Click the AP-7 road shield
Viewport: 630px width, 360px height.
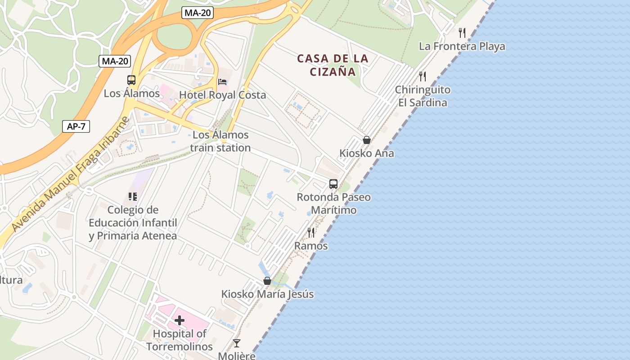pos(76,126)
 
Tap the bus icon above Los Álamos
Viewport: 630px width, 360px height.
pos(131,80)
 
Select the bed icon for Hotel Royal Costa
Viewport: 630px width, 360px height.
pos(222,81)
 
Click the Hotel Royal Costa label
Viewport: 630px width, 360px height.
pos(222,95)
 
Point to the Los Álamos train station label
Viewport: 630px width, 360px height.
pos(220,141)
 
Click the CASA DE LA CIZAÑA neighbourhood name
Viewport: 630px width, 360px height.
pos(333,65)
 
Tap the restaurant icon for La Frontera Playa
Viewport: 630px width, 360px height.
pos(462,32)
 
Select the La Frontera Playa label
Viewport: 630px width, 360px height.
pos(462,46)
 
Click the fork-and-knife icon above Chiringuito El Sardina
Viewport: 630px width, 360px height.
pos(422,76)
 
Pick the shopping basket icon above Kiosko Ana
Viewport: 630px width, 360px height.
pos(367,140)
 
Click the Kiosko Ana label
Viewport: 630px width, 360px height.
pos(366,153)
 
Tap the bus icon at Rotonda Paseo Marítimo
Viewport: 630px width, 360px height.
pos(333,184)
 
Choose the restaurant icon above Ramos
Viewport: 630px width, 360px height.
pos(311,232)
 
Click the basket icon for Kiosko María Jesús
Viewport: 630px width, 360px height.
pos(267,281)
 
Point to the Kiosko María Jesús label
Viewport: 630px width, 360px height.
pos(267,294)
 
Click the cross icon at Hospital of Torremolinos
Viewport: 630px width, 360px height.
pos(180,320)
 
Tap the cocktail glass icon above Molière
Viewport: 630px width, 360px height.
pos(237,343)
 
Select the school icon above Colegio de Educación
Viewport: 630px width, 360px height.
pos(132,196)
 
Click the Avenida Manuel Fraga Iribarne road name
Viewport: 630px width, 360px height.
pos(71,174)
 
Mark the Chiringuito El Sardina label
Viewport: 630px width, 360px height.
pos(423,96)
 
